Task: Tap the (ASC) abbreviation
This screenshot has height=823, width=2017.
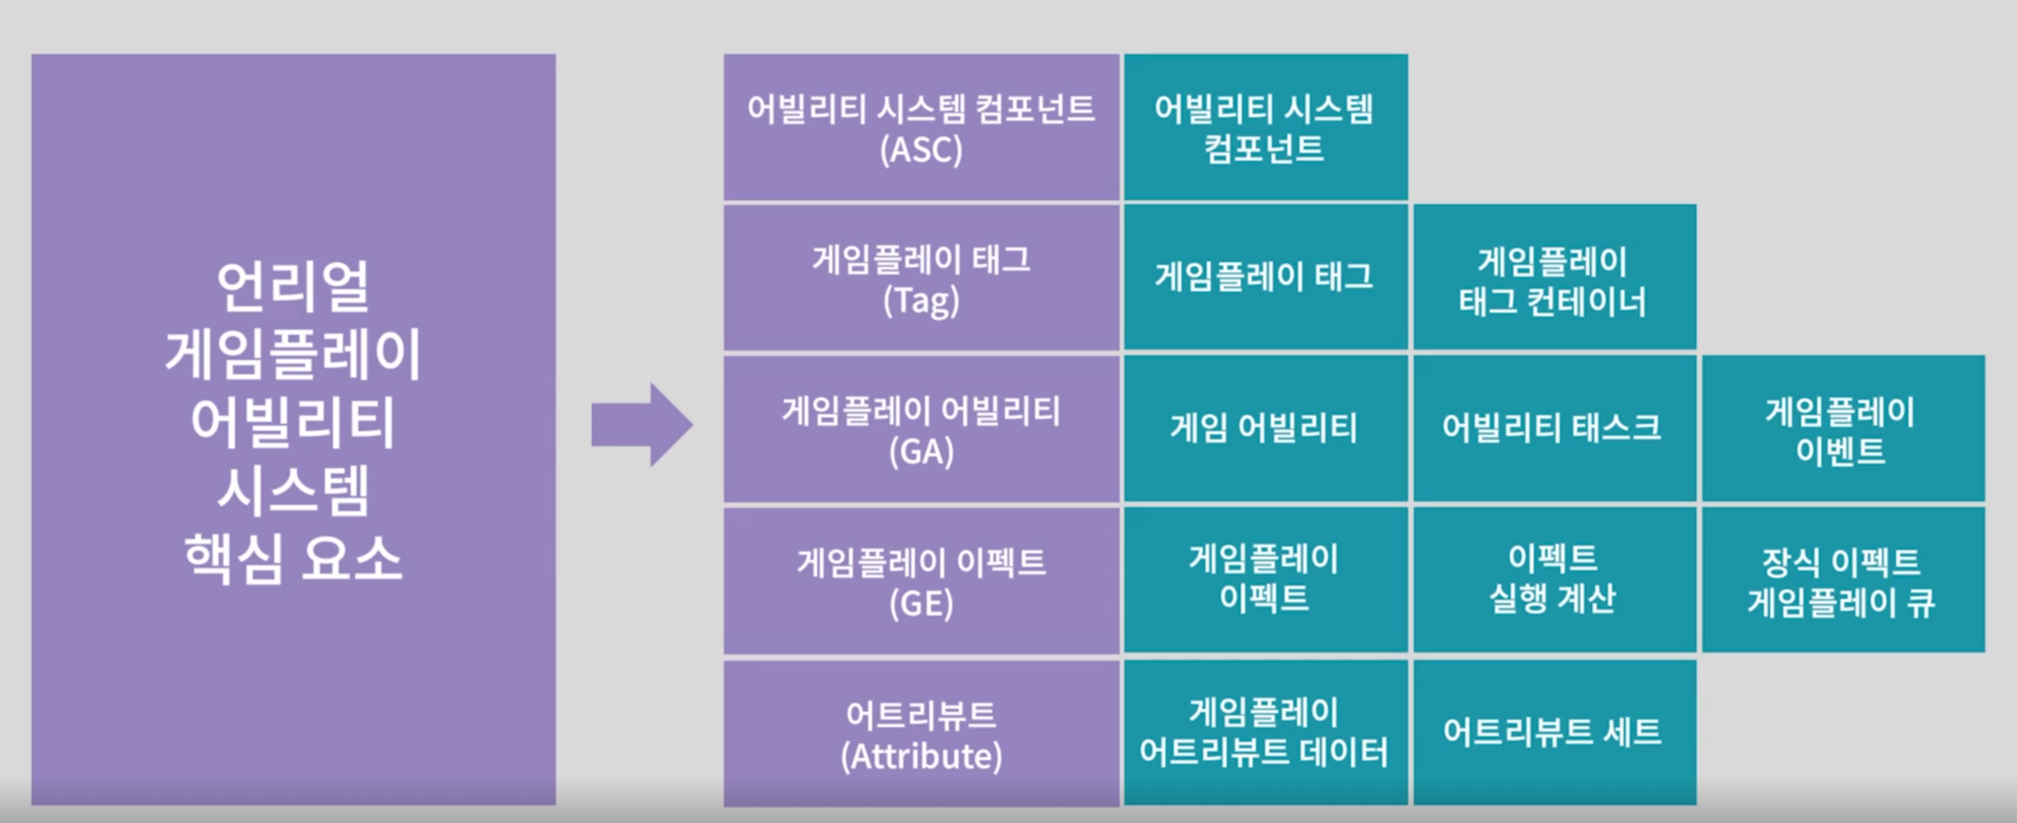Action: click(x=921, y=150)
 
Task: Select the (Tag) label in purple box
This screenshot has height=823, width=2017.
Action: click(x=921, y=301)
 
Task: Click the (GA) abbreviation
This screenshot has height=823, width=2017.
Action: click(x=921, y=452)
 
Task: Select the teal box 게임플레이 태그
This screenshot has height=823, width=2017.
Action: click(x=1265, y=277)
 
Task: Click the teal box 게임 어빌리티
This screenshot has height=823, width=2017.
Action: click(x=1265, y=428)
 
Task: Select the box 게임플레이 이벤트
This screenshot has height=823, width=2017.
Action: click(x=1842, y=430)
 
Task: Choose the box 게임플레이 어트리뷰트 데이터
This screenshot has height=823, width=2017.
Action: click(x=1265, y=731)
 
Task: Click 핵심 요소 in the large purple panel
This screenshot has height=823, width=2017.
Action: click(x=293, y=558)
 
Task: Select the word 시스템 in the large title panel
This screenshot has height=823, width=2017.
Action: click(x=293, y=491)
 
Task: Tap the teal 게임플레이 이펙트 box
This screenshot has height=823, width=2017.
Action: click(x=1265, y=578)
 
